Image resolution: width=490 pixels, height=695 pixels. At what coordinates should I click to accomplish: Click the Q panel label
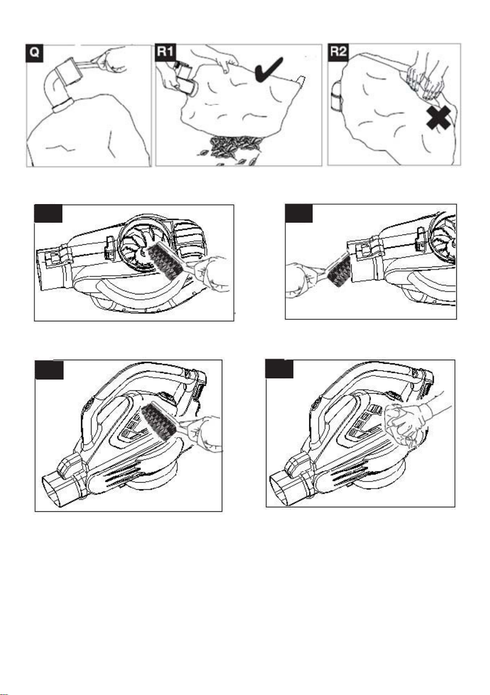click(x=34, y=53)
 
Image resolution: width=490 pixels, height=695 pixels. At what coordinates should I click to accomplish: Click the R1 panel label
click(x=166, y=52)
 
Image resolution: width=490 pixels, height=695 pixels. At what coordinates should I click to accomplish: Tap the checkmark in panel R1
click(x=269, y=69)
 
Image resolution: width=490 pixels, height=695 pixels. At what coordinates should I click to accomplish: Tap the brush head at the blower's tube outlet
click(x=339, y=269)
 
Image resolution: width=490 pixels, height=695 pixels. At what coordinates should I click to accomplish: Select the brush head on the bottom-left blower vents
click(x=157, y=421)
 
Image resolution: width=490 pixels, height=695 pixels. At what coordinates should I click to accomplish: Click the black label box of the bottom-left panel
click(x=49, y=370)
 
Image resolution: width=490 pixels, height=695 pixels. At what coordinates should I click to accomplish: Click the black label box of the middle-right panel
click(x=299, y=213)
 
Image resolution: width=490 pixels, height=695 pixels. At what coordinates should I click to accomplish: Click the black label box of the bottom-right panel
click(x=279, y=368)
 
